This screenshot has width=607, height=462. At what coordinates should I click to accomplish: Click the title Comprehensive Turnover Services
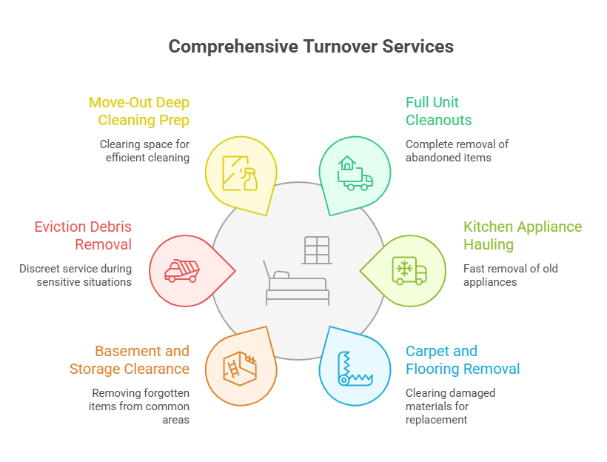[x=311, y=46]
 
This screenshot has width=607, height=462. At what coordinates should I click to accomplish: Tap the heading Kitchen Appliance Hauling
[x=522, y=235]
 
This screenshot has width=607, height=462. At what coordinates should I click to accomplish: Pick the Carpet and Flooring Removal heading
[x=463, y=360]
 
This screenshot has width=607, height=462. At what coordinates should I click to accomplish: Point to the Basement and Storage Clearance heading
[x=130, y=360]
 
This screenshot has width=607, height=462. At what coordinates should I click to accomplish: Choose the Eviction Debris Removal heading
[x=83, y=235]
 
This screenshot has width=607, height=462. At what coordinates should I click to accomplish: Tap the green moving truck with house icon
[x=355, y=173]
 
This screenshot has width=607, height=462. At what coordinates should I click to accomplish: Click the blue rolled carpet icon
[x=355, y=368]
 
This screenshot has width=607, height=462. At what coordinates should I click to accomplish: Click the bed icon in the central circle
[x=297, y=286]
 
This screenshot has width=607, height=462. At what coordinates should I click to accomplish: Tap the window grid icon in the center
[x=316, y=250]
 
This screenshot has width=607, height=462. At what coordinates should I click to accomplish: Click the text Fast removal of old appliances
[x=500, y=275]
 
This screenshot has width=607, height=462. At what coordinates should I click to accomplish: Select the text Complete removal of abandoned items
[x=457, y=151]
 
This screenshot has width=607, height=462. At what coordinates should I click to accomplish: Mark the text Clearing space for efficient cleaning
[x=145, y=151]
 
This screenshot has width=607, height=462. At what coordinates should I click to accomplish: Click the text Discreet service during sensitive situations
[x=76, y=275]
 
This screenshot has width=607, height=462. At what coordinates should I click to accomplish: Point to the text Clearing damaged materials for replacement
[x=450, y=406]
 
